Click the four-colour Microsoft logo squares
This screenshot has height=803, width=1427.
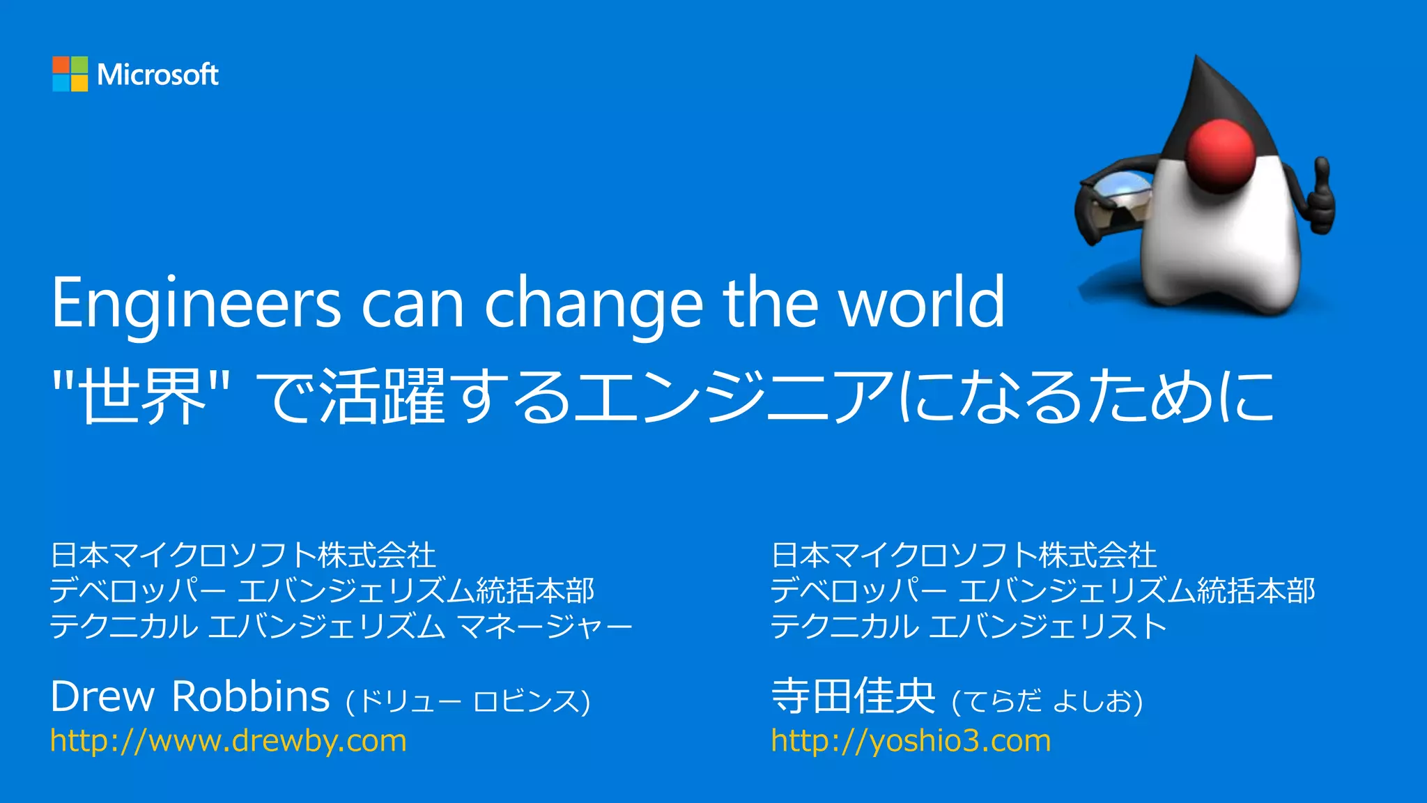pos(70,74)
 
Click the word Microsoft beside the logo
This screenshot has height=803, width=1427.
pos(157,75)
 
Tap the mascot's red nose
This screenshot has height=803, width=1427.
pos(1220,154)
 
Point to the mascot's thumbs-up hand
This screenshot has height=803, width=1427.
pos(1320,199)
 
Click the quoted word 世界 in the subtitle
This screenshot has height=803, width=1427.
pos(143,396)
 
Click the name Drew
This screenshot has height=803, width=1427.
pos(102,696)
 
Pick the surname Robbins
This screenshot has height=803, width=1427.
pos(250,696)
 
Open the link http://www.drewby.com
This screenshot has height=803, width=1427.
pos(229,740)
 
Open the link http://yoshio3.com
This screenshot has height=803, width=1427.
pos(911,740)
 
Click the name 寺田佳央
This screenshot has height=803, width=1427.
pos(853,696)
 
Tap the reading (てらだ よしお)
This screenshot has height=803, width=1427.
pos(1047,701)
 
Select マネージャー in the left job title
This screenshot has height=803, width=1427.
pos(545,626)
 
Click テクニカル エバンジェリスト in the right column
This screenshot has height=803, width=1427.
pos(969,626)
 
